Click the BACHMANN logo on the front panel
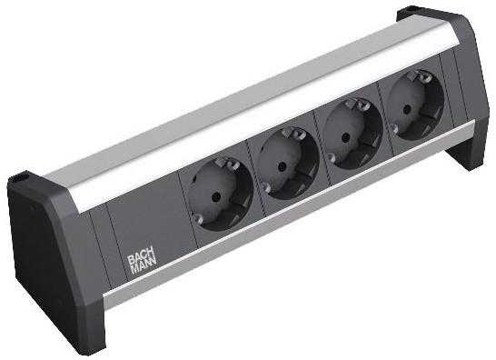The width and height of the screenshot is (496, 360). click(x=142, y=262)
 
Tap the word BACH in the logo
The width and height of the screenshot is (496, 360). click(x=141, y=257)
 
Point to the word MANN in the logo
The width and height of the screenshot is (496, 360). click(x=143, y=267)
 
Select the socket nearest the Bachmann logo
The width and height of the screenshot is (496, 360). click(x=221, y=193)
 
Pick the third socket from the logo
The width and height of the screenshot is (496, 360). click(x=352, y=134)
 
